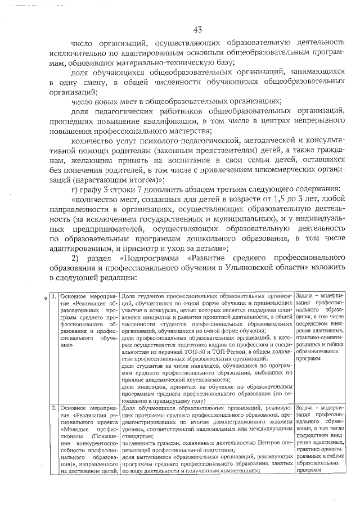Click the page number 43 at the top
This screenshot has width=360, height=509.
click(197, 29)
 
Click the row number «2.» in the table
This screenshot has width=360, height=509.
click(52, 408)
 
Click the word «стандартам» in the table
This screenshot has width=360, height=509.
click(137, 435)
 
